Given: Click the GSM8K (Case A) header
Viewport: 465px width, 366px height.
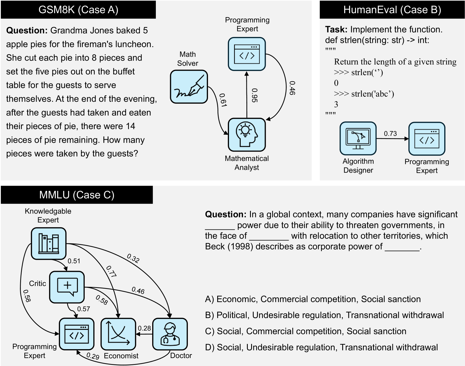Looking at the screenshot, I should coord(78,10).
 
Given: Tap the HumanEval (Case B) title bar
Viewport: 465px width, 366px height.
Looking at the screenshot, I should coord(392,10).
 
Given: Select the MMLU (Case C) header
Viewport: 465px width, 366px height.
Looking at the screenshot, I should coord(77,195).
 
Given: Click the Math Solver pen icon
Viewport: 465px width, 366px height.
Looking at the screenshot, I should coord(189,87).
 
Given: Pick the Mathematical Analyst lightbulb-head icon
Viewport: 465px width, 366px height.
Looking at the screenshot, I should coord(247,135).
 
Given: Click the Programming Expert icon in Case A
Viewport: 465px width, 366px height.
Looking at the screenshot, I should coord(247,54).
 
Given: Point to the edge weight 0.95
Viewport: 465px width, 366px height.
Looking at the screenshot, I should coord(255,95).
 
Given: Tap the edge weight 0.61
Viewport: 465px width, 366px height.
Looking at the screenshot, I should coord(223,100).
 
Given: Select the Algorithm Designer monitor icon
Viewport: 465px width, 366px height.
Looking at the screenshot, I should coord(358,138).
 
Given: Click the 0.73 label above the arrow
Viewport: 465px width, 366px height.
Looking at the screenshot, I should coord(390,134).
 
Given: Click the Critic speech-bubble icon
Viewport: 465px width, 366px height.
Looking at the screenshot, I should coord(67,287).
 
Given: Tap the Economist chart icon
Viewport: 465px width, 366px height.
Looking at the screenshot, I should coord(118,334).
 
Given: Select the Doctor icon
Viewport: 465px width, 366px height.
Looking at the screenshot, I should coord(170,334).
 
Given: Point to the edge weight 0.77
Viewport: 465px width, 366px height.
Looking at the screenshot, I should coord(111,271).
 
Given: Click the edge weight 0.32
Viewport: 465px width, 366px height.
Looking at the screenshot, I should coord(133,258).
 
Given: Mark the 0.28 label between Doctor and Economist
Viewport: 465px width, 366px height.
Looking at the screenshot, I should coord(144,328).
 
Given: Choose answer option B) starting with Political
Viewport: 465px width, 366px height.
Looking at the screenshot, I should coord(324,315).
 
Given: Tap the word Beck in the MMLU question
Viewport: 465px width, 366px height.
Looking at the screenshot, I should coord(215,247).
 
